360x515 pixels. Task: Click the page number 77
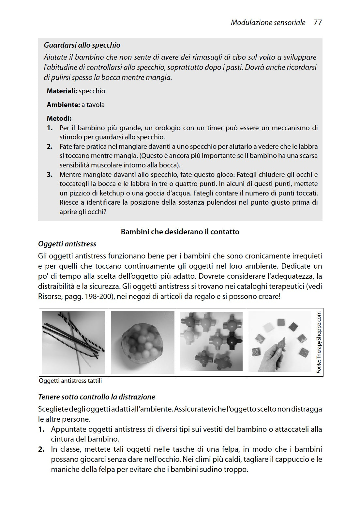[317, 23]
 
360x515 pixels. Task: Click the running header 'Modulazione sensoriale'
[268, 23]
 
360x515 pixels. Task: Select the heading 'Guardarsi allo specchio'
[82, 45]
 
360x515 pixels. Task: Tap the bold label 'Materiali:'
[62, 91]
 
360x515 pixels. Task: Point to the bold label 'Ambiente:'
[63, 105]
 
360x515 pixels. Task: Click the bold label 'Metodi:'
[59, 118]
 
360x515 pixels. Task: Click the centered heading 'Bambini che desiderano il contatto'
[180, 232]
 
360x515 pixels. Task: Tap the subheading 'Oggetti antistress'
[67, 244]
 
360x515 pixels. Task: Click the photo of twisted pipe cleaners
[73, 341]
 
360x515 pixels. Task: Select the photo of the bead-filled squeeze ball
[142, 341]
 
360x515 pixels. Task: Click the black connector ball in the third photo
[232, 341]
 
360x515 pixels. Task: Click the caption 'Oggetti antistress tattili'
[70, 381]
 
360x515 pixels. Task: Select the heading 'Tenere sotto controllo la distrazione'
[97, 397]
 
